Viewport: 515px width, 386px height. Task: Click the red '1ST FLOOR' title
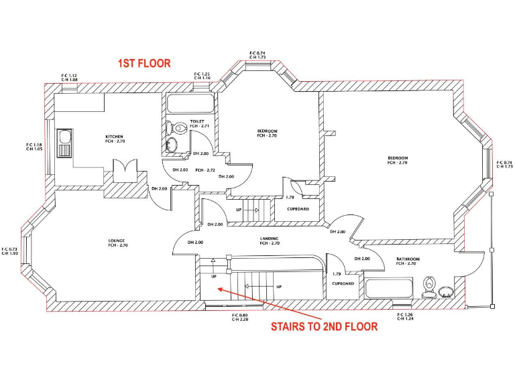pos(144,64)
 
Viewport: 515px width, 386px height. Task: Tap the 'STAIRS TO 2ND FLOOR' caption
pos(324,327)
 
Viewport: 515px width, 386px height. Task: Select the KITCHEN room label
pos(114,137)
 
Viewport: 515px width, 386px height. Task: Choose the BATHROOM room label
pos(407,259)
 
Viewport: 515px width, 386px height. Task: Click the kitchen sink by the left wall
pos(65,142)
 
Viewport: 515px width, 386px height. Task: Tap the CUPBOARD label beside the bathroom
pos(343,283)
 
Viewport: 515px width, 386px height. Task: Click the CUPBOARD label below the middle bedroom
pos(298,209)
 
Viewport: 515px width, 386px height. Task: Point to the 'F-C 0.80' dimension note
pos(239,315)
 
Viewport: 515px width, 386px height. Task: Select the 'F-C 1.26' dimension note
pos(404,315)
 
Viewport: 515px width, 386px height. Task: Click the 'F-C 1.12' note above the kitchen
pos(69,76)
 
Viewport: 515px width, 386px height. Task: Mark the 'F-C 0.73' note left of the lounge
pos(10,249)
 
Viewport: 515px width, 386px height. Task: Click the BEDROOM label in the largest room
pos(397,158)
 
